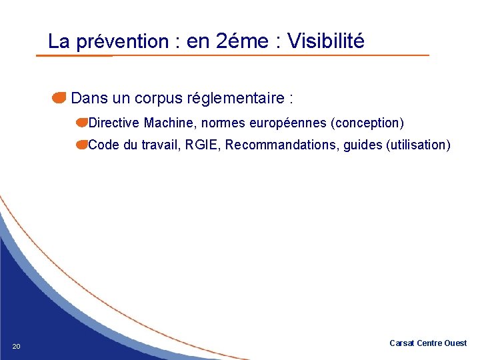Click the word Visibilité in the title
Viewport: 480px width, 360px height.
[326, 41]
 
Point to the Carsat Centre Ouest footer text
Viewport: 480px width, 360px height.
[428, 343]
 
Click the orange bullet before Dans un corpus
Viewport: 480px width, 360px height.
[59, 99]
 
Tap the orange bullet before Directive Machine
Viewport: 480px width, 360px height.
[81, 123]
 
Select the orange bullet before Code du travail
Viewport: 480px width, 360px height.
[81, 145]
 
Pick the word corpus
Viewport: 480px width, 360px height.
[157, 99]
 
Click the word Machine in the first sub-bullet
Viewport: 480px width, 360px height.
[169, 123]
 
